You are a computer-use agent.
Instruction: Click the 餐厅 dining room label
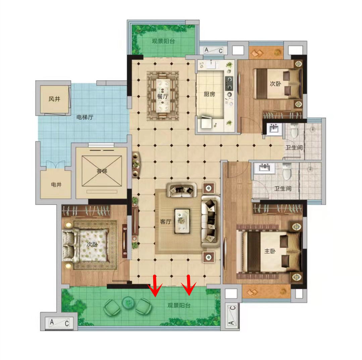pyautogui.click(x=163, y=97)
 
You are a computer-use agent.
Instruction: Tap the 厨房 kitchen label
pyautogui.click(x=209, y=94)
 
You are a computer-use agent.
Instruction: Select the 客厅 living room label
pyautogui.click(x=165, y=222)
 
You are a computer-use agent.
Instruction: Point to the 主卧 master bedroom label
pyautogui.click(x=270, y=251)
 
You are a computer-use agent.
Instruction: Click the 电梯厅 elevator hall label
pyautogui.click(x=85, y=117)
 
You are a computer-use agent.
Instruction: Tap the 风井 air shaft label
pyautogui.click(x=54, y=99)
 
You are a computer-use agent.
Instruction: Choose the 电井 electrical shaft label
pyautogui.click(x=56, y=184)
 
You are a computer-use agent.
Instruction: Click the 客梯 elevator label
pyautogui.click(x=102, y=171)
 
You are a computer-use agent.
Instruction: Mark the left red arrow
pyautogui.click(x=155, y=286)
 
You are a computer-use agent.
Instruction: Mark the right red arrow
pyautogui.click(x=189, y=285)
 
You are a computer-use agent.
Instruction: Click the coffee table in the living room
pyautogui.click(x=182, y=221)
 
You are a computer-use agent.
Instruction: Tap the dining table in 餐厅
pyautogui.click(x=163, y=96)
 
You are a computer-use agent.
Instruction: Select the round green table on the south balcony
pyautogui.click(x=128, y=302)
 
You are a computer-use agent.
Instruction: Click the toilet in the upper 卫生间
pyautogui.click(x=294, y=131)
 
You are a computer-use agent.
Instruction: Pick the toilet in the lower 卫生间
pyautogui.click(x=287, y=171)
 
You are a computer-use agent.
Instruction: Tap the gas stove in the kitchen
pyautogui.click(x=229, y=83)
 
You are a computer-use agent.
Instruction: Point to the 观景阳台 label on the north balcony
pyautogui.click(x=163, y=41)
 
